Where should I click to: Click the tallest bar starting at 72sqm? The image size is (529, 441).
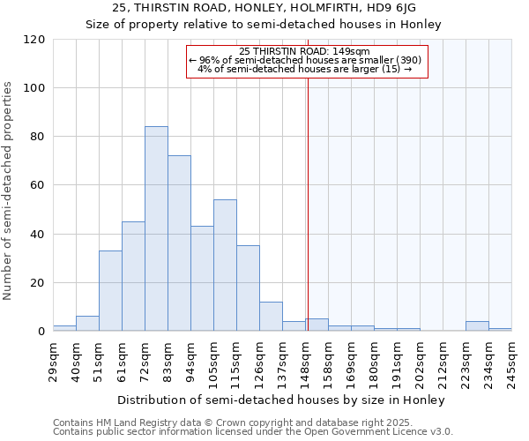156,229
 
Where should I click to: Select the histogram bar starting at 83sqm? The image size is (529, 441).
179,243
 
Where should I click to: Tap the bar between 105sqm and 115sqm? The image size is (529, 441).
225,265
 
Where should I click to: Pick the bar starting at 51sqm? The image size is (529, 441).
110,291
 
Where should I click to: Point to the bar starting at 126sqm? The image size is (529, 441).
271,317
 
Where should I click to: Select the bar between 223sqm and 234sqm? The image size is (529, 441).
477,326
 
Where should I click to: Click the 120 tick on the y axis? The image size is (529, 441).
34,40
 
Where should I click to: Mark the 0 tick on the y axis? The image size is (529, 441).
41,332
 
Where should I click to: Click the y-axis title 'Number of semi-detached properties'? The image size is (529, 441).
9,191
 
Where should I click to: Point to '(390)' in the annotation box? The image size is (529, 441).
406,60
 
